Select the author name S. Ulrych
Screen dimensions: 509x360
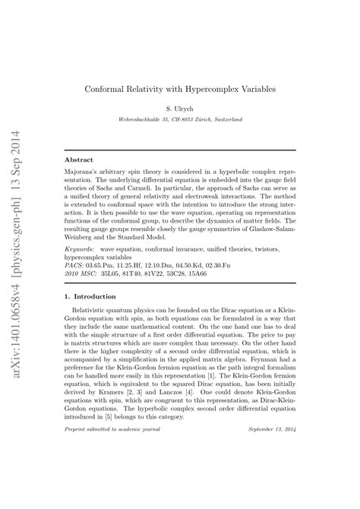click(180, 109)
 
